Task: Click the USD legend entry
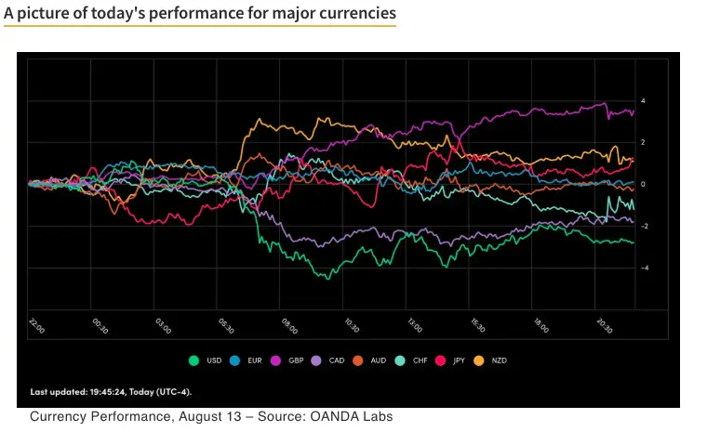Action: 206,360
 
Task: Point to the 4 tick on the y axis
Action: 643,100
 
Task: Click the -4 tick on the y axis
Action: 642,268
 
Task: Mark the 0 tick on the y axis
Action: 643,184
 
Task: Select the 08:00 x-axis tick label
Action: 288,326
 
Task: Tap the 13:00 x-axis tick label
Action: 414,326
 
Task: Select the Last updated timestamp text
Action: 112,391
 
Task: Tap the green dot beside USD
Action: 193,360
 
